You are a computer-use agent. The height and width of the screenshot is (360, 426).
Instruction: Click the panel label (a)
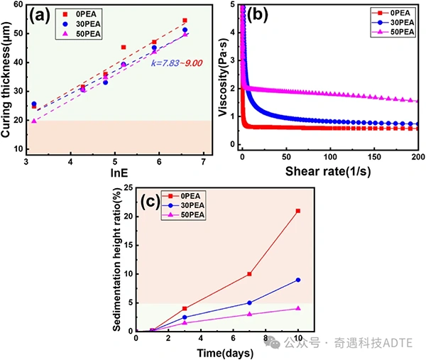click(x=40, y=16)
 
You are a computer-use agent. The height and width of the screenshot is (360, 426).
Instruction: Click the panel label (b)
click(x=257, y=14)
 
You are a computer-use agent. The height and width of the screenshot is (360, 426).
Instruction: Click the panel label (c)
click(x=151, y=202)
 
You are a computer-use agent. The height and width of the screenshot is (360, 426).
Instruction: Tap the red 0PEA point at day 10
click(x=298, y=211)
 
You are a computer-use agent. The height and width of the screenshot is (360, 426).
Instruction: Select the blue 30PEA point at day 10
click(x=298, y=280)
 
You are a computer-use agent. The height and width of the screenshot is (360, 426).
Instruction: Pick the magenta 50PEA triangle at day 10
click(x=298, y=308)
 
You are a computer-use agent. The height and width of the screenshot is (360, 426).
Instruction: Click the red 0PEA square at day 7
click(x=249, y=274)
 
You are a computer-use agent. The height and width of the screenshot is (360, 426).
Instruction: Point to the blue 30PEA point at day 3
click(x=185, y=317)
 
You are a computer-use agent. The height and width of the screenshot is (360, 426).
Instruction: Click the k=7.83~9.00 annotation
click(x=177, y=63)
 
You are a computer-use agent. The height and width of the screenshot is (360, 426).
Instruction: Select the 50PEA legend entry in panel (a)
click(x=82, y=34)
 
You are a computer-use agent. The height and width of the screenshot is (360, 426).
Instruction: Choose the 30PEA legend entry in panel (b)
click(x=393, y=22)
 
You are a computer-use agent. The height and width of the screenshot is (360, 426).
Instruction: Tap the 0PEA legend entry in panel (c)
click(x=183, y=196)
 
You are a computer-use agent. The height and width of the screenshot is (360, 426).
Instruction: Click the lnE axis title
click(x=119, y=173)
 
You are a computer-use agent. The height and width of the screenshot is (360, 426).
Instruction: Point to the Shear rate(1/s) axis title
click(x=328, y=171)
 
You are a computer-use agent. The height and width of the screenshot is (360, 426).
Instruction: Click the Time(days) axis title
click(x=225, y=353)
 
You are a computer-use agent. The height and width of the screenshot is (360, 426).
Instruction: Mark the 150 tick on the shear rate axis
click(x=374, y=157)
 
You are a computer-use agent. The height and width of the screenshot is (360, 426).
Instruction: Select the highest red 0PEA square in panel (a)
click(x=185, y=21)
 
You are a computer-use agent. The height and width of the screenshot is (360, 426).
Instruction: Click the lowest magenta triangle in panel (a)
click(x=34, y=121)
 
